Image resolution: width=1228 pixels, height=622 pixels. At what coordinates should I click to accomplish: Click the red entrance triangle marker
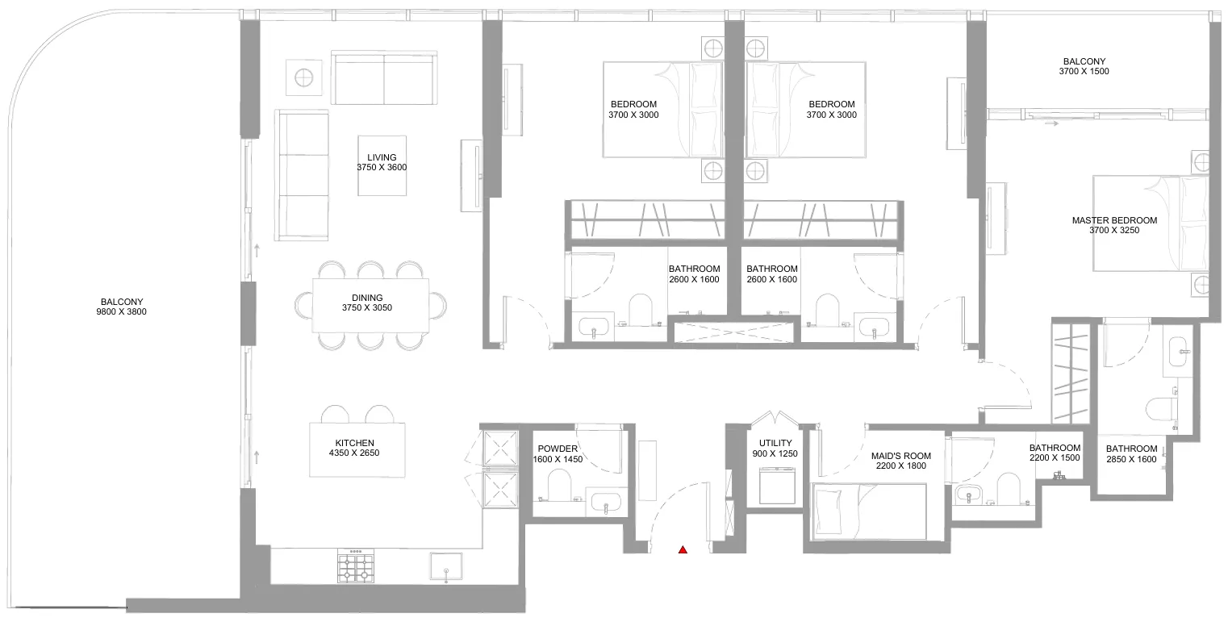point(683,549)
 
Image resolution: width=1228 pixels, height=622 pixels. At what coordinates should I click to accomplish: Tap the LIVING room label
point(382,157)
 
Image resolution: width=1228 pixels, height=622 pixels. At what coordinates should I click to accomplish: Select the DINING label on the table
point(367,298)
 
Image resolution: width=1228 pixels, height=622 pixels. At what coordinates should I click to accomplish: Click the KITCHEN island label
point(355,443)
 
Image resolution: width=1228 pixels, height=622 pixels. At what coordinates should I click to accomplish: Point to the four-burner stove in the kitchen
point(356,566)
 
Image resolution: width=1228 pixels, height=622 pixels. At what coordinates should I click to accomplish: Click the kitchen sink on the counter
point(446,566)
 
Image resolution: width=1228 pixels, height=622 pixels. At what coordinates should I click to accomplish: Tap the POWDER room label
point(558,449)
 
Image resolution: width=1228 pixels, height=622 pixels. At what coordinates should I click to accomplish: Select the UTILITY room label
point(775,443)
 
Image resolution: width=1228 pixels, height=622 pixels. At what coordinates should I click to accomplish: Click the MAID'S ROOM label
point(901,456)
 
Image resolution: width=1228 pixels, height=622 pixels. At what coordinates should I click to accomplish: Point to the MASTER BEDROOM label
point(1114,220)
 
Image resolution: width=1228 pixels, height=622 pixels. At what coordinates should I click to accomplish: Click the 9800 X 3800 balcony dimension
point(122,312)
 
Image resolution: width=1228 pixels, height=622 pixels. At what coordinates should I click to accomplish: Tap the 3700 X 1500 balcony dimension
point(1084,71)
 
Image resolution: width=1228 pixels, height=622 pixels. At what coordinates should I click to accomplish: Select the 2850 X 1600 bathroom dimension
point(1131,459)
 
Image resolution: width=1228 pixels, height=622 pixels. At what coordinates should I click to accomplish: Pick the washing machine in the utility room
point(777,485)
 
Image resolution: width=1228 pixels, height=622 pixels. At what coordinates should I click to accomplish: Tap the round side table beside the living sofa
point(303,77)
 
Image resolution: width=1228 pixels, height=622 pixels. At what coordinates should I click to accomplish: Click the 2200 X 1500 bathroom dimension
point(1055,458)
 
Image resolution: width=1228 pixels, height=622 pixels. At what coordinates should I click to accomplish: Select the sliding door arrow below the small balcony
point(1051,123)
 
